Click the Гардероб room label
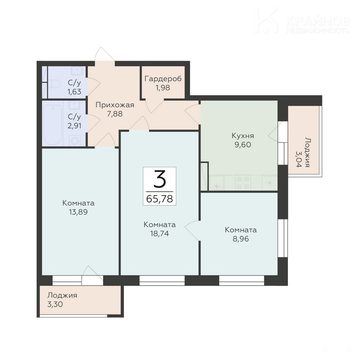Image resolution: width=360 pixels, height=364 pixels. [163, 79]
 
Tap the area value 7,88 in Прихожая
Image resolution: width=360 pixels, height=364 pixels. [115, 114]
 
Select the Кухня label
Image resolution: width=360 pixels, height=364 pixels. [243, 136]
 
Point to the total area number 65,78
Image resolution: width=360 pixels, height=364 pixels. [160, 199]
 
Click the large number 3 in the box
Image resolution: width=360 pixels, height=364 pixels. [160, 179]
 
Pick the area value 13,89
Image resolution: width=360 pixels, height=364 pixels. [78, 212]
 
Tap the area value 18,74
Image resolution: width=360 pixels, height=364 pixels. [160, 233]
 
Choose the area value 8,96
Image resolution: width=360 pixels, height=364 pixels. [241, 239]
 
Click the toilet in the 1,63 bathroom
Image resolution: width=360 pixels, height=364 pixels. [54, 83]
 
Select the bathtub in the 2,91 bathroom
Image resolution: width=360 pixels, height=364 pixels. [53, 125]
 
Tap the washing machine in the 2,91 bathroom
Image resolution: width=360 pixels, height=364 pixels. [75, 141]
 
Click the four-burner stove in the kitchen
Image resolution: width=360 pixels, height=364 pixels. [243, 182]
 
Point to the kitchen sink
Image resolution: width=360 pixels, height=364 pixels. [217, 183]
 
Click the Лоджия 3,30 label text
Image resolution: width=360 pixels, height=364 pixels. [62, 300]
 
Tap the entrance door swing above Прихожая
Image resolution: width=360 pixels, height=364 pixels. [105, 54]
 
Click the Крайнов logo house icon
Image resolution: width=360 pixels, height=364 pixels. [266, 20]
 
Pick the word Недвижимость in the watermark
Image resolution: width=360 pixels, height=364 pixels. [318, 30]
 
